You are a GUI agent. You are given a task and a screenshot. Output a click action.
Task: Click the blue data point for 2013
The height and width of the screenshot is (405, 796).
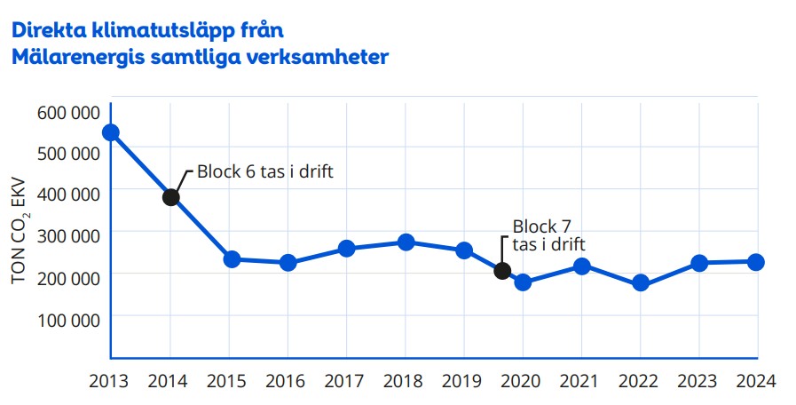point(111,132)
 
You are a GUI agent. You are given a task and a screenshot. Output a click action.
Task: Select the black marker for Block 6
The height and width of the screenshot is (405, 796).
point(171,196)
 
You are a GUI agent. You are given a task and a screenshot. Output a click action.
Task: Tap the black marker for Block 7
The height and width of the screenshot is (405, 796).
point(502,271)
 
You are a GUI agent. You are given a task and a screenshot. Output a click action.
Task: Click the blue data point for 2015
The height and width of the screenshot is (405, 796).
point(231,259)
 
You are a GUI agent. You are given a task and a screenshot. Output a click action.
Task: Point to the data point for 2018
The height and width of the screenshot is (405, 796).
point(406,242)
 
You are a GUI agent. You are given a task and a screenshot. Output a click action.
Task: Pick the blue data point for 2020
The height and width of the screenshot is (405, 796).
point(523,282)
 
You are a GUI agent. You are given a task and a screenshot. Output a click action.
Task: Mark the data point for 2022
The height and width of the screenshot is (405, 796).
point(640,284)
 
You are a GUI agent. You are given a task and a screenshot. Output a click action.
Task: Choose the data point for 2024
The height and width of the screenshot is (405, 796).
point(756,262)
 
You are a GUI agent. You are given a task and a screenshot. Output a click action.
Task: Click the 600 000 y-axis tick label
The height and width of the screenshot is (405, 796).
point(68,112)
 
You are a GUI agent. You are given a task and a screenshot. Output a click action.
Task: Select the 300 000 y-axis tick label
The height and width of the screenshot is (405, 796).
point(68,236)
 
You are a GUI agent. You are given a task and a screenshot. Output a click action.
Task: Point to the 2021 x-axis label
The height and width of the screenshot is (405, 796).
point(581,382)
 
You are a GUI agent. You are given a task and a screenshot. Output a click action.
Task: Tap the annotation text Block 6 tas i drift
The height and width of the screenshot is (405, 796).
point(264,171)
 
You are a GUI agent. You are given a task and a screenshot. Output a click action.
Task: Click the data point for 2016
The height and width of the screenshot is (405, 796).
point(288,263)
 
